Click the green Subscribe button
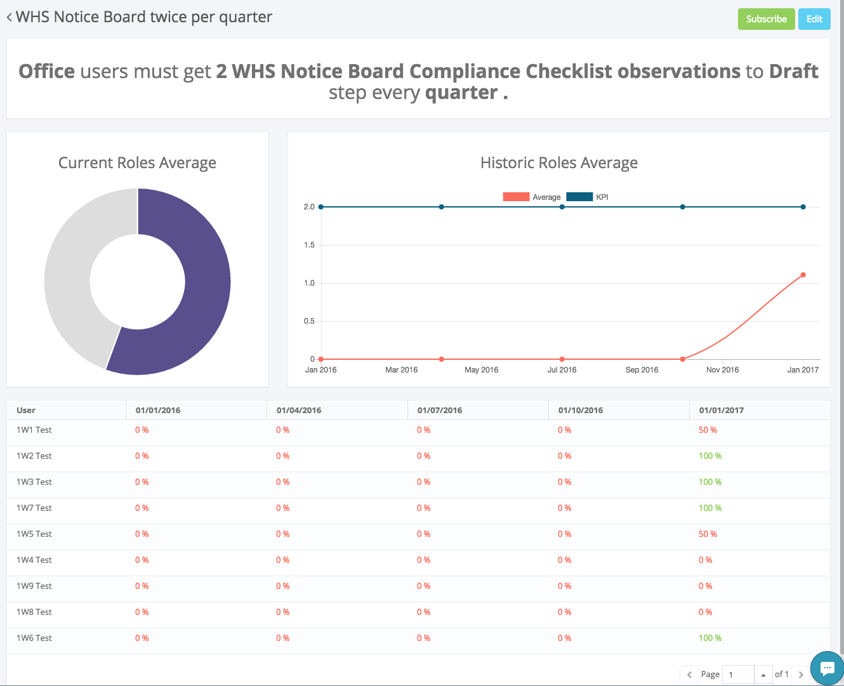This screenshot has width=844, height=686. [x=766, y=19]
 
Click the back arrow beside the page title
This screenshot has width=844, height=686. [x=10, y=18]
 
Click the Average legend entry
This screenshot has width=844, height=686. [x=532, y=197]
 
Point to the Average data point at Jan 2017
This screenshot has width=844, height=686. [x=803, y=275]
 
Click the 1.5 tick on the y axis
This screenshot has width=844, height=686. [x=309, y=245]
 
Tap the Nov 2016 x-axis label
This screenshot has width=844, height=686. [x=722, y=370]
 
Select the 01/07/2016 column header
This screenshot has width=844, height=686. [x=440, y=411]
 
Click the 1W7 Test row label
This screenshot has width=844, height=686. [x=34, y=508]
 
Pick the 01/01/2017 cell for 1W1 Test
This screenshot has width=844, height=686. [x=708, y=430]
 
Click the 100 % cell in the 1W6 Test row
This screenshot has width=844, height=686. [x=710, y=638]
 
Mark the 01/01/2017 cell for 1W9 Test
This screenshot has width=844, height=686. [x=705, y=586]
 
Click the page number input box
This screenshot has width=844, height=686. [x=739, y=675]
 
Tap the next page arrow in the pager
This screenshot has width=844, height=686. [x=801, y=675]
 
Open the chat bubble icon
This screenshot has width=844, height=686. [x=827, y=668]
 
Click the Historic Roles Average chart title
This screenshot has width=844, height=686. [x=558, y=163]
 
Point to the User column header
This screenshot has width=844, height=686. [x=26, y=411]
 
